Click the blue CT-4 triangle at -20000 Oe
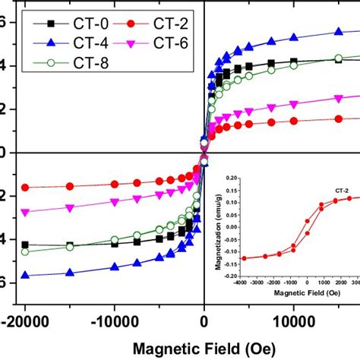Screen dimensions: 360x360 (x=26, y=275)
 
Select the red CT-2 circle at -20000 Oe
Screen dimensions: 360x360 (x=26, y=187)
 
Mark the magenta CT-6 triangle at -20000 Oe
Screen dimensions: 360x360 (x=26, y=212)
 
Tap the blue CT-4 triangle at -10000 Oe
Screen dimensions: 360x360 (x=115, y=267)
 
